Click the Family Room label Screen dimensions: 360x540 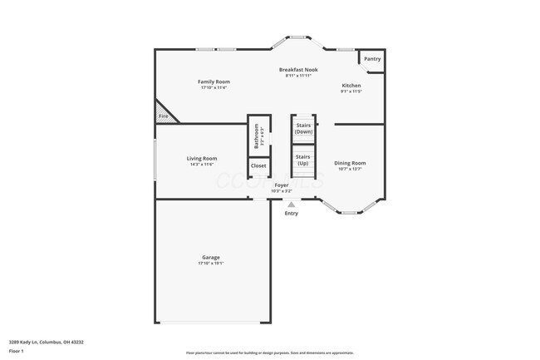[x=214, y=81]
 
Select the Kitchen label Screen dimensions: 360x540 [x=351, y=86]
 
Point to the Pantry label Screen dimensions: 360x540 [x=372, y=59]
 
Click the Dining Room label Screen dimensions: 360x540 [x=350, y=163]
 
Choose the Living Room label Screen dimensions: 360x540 [x=202, y=158]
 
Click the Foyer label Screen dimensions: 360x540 [x=282, y=185]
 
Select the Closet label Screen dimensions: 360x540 [x=258, y=165]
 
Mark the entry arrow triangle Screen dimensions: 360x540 [x=291, y=204]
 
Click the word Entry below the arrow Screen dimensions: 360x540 [x=291, y=214]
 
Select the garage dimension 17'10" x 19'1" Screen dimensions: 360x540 [x=211, y=264]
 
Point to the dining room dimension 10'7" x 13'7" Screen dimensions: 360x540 [x=350, y=170]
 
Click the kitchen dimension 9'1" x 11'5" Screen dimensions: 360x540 [x=351, y=92]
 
